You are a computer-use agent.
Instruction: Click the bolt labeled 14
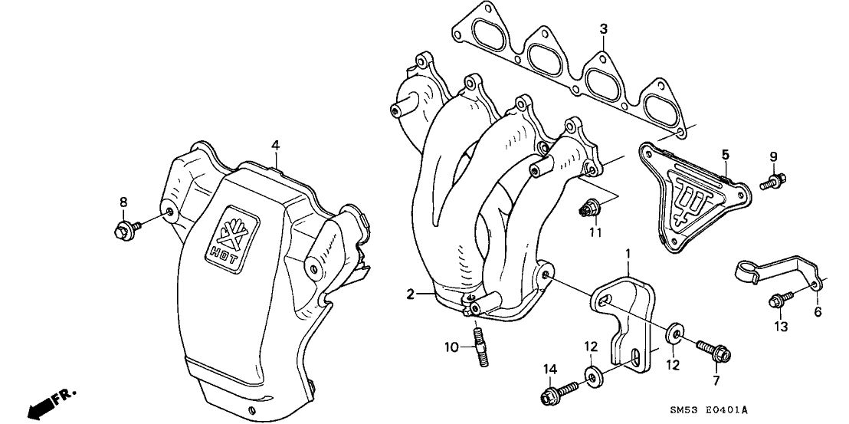tap(554, 396)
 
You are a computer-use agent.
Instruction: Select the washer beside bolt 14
tap(592, 376)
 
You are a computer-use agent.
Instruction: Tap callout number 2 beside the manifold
tap(411, 294)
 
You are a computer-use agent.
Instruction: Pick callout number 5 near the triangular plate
tap(725, 156)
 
